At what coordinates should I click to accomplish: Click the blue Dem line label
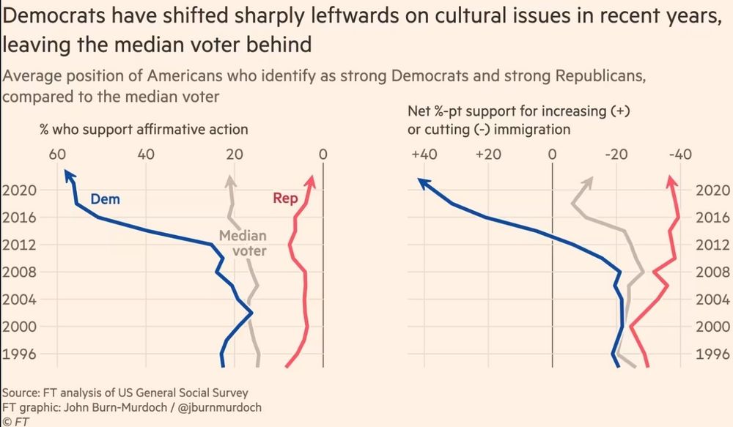click(x=105, y=199)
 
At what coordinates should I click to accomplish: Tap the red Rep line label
click(x=284, y=198)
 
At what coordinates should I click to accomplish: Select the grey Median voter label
click(x=243, y=244)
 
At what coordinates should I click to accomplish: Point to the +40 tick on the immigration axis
click(x=424, y=155)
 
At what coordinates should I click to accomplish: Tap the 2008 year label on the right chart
click(x=710, y=272)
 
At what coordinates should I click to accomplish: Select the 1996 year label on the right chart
click(x=710, y=354)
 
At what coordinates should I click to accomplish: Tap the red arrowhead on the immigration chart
click(x=671, y=180)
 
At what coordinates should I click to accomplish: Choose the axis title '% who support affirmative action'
click(x=144, y=130)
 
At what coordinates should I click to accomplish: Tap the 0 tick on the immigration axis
click(x=552, y=155)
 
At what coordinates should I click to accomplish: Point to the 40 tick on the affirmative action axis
click(x=145, y=155)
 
